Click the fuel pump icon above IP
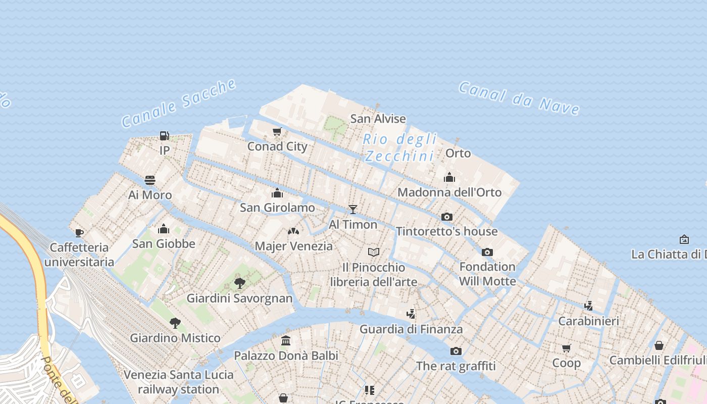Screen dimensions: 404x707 pyautogui.click(x=164, y=135)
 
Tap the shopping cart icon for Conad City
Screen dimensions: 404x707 pyautogui.click(x=277, y=132)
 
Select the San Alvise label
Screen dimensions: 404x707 pyautogui.click(x=378, y=119)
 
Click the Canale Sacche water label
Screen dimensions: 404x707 pyautogui.click(x=179, y=103)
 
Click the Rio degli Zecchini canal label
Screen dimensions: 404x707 pyautogui.click(x=399, y=147)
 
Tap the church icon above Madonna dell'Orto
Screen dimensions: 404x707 pyautogui.click(x=449, y=177)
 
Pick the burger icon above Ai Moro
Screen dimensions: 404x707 pyautogui.click(x=150, y=180)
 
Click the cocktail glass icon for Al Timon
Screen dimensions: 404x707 pyautogui.click(x=353, y=210)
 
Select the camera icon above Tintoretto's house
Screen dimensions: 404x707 pyautogui.click(x=446, y=217)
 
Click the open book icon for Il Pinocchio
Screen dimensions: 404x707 pyautogui.click(x=374, y=252)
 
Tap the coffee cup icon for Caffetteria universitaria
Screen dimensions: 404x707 pyautogui.click(x=79, y=233)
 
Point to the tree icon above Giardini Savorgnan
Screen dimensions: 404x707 pyautogui.click(x=240, y=283)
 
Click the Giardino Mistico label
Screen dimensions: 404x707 pyautogui.click(x=175, y=338)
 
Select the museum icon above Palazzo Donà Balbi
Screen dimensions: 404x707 pyautogui.click(x=286, y=340)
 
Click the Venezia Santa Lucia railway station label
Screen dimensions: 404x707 pyautogui.click(x=179, y=382)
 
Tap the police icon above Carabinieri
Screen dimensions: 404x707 pyautogui.click(x=588, y=306)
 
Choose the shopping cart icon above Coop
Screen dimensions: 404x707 pyautogui.click(x=566, y=348)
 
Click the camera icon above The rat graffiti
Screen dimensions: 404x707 pyautogui.click(x=456, y=351)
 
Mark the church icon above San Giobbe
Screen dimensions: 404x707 pyautogui.click(x=163, y=229)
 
